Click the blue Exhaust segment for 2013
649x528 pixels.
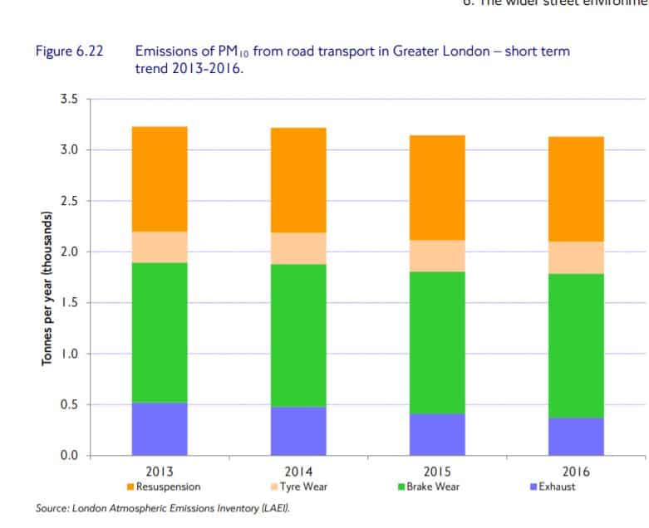pyautogui.click(x=159, y=428)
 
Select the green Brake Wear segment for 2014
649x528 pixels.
pyautogui.click(x=297, y=335)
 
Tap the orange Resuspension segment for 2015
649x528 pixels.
pyautogui.click(x=436, y=187)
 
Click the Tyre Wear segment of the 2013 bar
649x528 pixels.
pyautogui.click(x=159, y=247)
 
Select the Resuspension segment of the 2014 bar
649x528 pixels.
pyautogui.click(x=297, y=179)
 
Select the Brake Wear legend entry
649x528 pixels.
pyautogui.click(x=428, y=486)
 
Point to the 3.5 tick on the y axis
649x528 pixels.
pyautogui.click(x=68, y=99)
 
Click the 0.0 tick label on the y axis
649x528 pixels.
pyautogui.click(x=68, y=456)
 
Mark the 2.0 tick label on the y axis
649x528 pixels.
pyautogui.click(x=68, y=252)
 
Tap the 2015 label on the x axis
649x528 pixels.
pyautogui.click(x=436, y=472)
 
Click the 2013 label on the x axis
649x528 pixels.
pyautogui.click(x=159, y=472)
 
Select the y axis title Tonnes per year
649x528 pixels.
pyautogui.click(x=48, y=290)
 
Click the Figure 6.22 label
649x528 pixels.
pyautogui.click(x=68, y=51)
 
